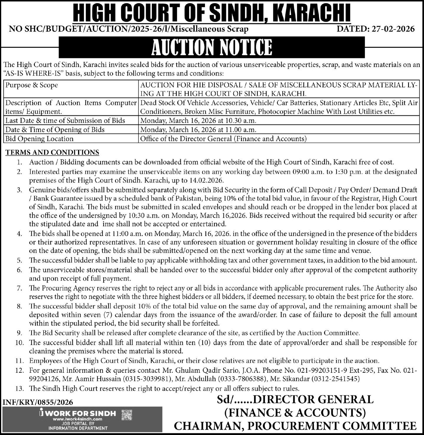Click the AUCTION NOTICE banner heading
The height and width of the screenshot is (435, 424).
(x=212, y=47)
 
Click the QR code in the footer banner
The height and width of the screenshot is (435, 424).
(x=127, y=415)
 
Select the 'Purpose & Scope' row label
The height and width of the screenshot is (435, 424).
(x=32, y=85)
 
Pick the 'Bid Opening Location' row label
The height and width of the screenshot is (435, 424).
(x=39, y=139)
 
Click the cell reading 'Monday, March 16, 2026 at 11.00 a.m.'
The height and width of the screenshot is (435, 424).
(x=198, y=129)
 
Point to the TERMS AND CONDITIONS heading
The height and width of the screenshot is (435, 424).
(x=52, y=152)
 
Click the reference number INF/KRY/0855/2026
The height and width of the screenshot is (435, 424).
(x=38, y=402)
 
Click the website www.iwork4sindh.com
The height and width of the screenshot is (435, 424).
(x=78, y=419)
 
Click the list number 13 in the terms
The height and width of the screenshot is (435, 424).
(x=19, y=388)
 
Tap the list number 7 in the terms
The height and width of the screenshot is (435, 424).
(x=19, y=288)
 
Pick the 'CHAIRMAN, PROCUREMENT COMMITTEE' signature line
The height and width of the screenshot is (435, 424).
(x=295, y=426)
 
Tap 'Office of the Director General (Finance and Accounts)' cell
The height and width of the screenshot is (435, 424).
(x=223, y=139)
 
